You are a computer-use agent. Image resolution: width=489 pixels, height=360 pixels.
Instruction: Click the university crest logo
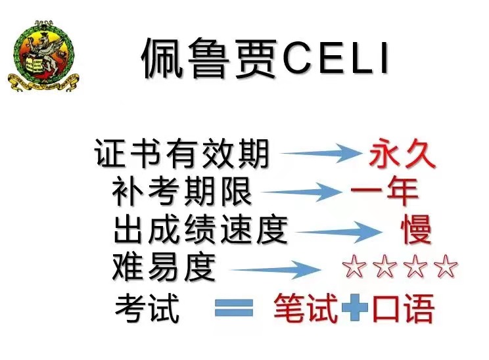coord(43,56)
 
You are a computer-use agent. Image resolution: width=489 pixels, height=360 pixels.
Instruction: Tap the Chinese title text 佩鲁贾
coord(210,58)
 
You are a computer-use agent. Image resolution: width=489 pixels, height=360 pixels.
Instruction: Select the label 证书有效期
coord(181,154)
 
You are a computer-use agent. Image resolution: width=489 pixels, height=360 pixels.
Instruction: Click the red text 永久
coord(402,153)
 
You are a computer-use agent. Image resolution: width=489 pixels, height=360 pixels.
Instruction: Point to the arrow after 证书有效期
coord(321,152)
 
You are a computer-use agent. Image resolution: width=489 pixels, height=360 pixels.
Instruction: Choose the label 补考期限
coord(182,191)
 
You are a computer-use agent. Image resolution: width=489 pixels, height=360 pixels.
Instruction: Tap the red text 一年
coord(384,191)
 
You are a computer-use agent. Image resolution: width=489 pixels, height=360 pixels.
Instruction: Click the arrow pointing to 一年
coord(302,192)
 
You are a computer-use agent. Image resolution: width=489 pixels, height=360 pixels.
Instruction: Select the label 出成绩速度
coord(200,230)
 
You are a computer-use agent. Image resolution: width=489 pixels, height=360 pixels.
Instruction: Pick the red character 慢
coord(417,229)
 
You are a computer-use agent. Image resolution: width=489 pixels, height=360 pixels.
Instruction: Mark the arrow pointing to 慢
coord(339,232)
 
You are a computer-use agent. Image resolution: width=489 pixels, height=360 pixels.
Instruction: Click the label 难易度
coord(164,267)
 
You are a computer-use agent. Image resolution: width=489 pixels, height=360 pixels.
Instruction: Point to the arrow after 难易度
coord(275,269)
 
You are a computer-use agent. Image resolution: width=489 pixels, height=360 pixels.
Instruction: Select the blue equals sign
coord(234,308)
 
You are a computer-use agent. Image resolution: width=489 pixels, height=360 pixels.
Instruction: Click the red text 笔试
coord(306,308)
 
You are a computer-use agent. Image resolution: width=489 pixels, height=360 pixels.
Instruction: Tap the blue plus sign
coord(354,307)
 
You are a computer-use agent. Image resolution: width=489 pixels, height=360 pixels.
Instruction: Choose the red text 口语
coord(404,308)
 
